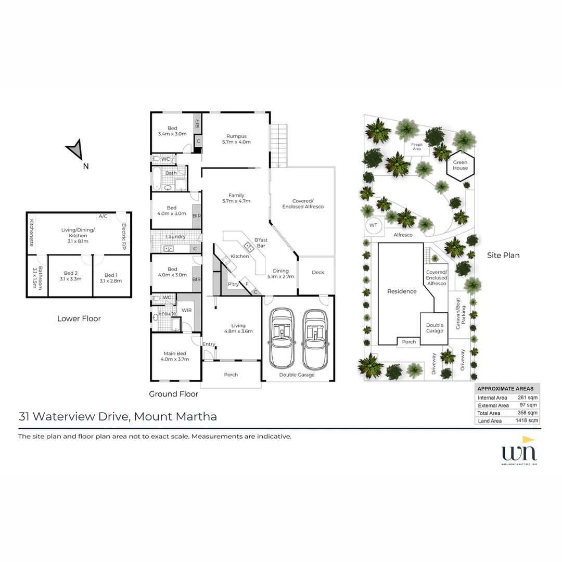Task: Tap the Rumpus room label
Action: point(236,139)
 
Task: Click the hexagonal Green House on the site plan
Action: point(460,165)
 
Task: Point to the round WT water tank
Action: point(373,225)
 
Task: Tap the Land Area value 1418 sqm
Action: point(527,420)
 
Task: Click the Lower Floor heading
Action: point(79,318)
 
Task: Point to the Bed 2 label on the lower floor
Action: point(71,276)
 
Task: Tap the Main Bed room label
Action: point(173,356)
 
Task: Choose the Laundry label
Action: point(175,237)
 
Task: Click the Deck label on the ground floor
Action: point(317,272)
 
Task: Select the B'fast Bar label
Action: point(260,242)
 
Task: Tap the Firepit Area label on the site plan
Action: point(416,146)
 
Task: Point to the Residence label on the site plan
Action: point(402,291)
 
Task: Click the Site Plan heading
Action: point(503,255)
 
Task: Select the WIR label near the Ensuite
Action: point(187,311)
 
